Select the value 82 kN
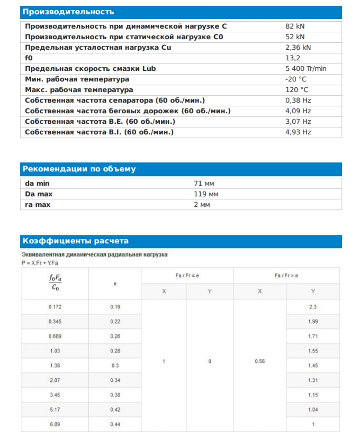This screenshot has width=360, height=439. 295,26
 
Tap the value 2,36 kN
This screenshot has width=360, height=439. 298,47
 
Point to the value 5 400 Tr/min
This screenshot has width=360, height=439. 305,68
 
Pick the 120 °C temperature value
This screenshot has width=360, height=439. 296,89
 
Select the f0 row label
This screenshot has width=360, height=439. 29,58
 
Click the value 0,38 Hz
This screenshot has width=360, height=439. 298,100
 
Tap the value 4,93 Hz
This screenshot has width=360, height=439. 298,132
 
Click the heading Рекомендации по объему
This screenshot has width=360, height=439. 78,169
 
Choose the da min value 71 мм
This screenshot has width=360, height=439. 204,183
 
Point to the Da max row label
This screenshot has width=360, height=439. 39,194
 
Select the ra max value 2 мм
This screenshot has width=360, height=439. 202,204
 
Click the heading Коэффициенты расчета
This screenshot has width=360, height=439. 75,241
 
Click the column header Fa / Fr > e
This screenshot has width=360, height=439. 286,276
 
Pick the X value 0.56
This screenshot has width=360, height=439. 259,361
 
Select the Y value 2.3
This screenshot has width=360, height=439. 313,307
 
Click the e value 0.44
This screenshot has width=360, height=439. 115,425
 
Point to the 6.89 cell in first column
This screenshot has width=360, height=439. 55,425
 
